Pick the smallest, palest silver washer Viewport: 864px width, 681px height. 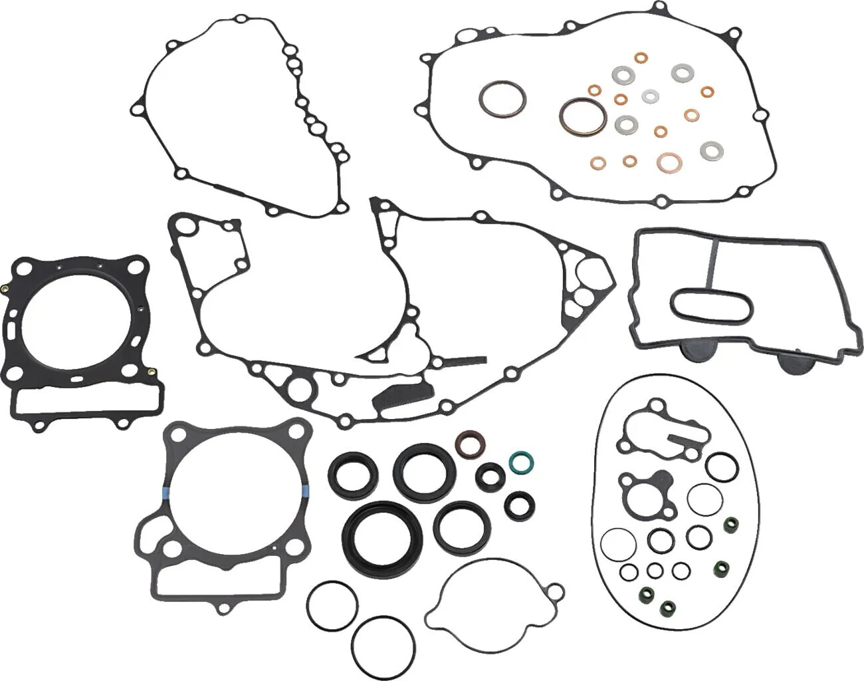click(x=649, y=96)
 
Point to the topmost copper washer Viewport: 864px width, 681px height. click(x=640, y=59)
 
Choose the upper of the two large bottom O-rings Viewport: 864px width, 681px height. click(x=333, y=606)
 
